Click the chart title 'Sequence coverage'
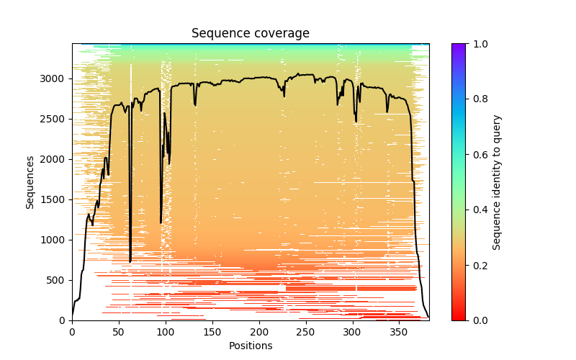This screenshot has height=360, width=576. (x=251, y=33)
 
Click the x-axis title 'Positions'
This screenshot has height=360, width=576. (x=251, y=346)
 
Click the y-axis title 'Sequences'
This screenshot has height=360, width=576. (x=30, y=181)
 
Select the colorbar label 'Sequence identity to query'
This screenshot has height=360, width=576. (x=497, y=181)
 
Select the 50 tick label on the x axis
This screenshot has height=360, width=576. (x=119, y=331)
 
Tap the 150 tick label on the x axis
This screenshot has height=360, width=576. (x=212, y=331)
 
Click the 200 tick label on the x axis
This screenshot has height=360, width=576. (x=259, y=331)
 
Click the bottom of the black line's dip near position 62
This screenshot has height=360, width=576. (x=130, y=261)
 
